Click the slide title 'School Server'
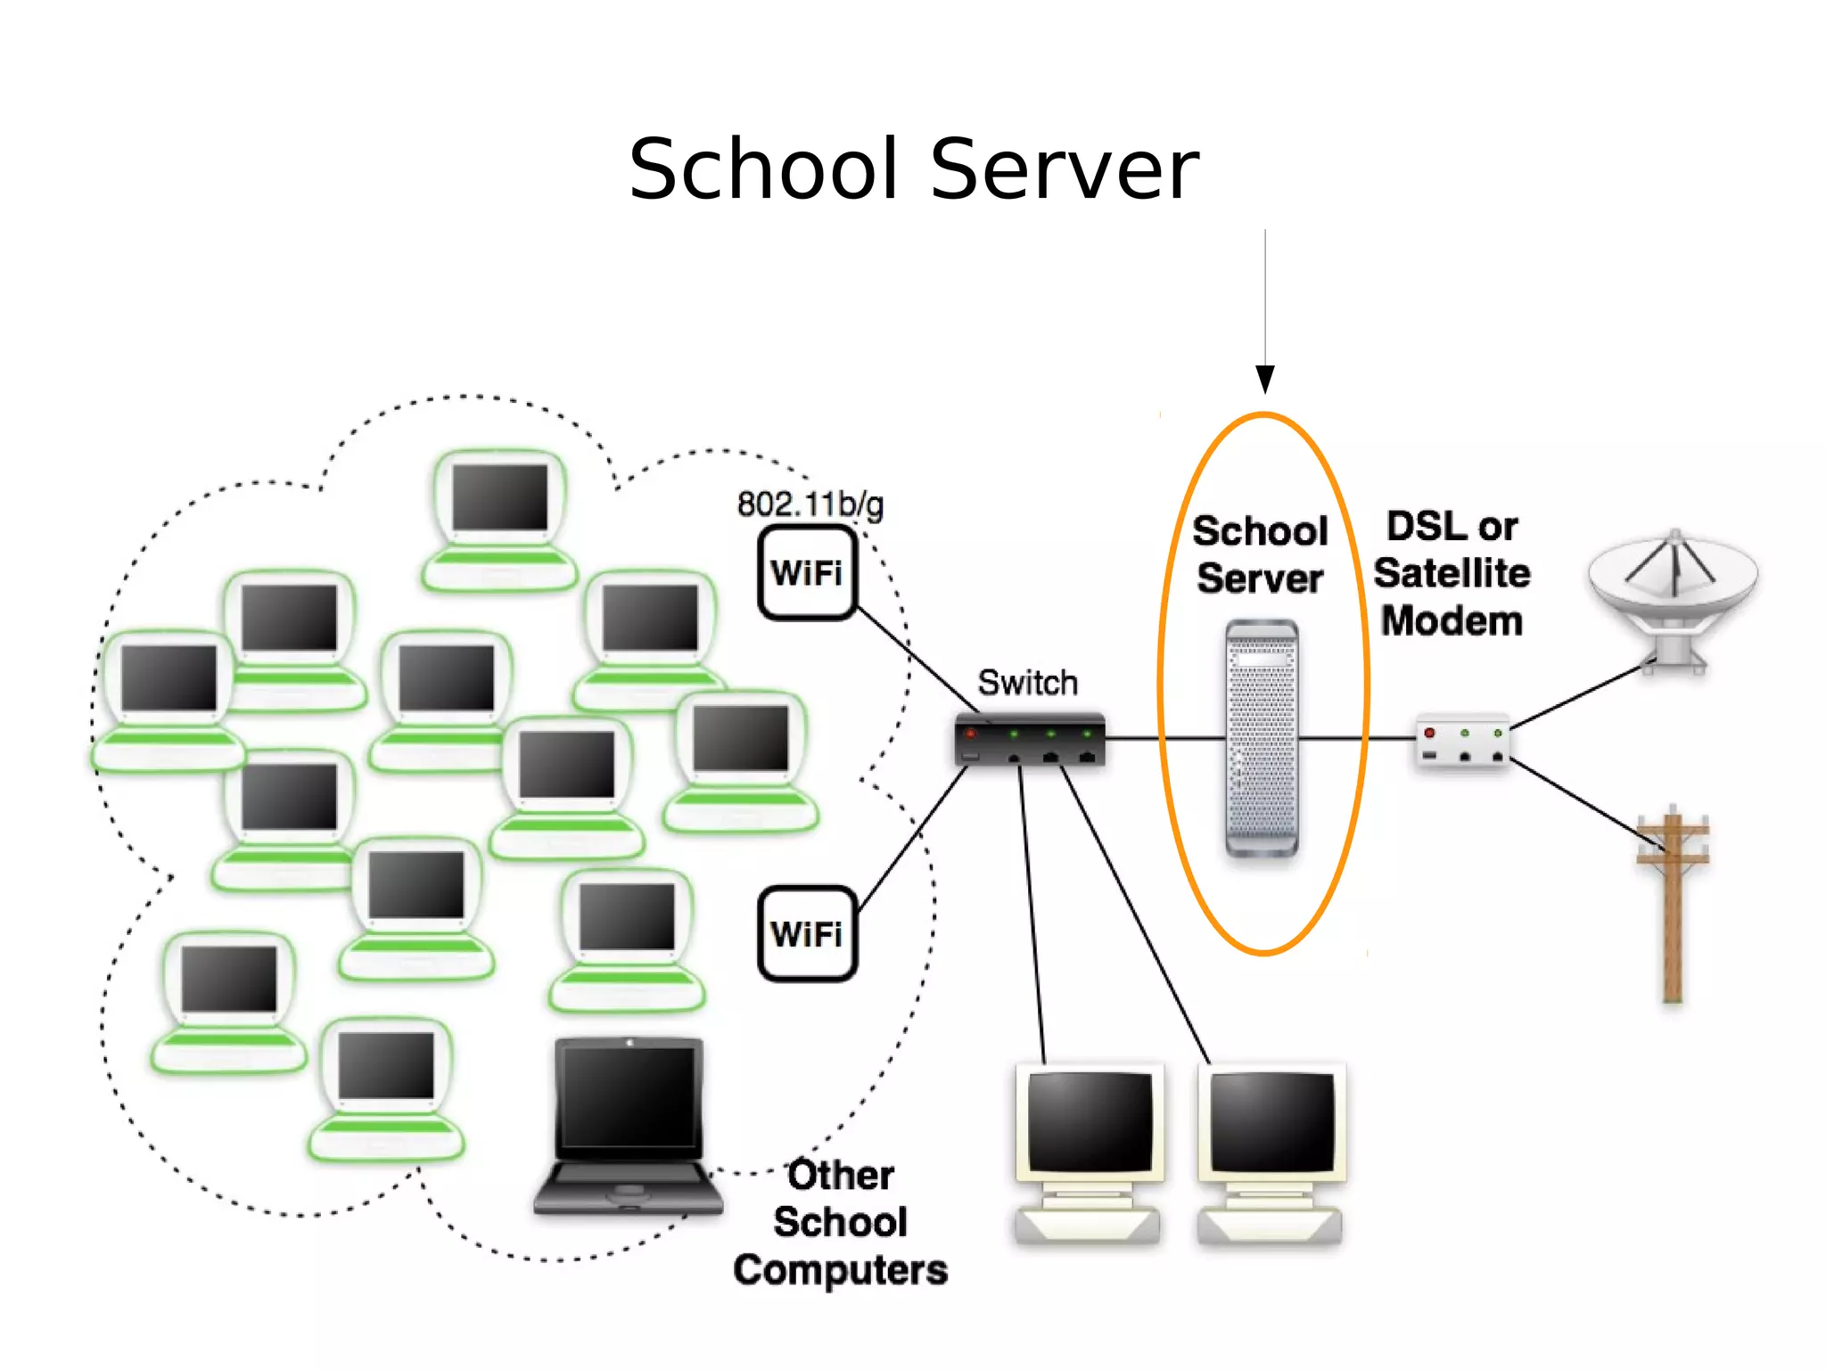pyautogui.click(x=913, y=169)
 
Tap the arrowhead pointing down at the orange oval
pyautogui.click(x=1264, y=379)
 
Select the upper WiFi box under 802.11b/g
pyautogui.click(x=807, y=572)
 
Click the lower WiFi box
pyautogui.click(x=807, y=933)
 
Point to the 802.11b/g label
pyautogui.click(x=810, y=505)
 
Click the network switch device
pyautogui.click(x=1030, y=740)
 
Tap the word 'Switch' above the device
pyautogui.click(x=1027, y=683)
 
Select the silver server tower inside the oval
pyautogui.click(x=1262, y=738)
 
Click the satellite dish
pyautogui.click(x=1674, y=593)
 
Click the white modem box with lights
pyautogui.click(x=1462, y=742)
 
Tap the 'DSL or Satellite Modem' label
pyautogui.click(x=1452, y=573)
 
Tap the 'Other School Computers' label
pyautogui.click(x=840, y=1222)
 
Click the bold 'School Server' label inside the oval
pyautogui.click(x=1260, y=554)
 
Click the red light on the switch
pyautogui.click(x=971, y=734)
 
